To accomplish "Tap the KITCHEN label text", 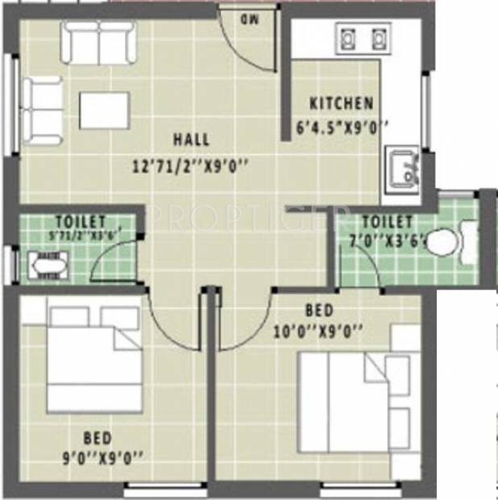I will point(342,103).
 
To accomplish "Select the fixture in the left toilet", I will point(46,264).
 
